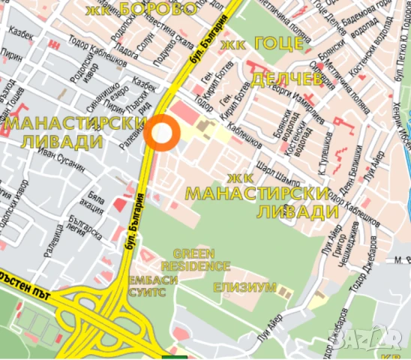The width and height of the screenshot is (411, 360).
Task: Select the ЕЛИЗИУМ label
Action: [244, 287]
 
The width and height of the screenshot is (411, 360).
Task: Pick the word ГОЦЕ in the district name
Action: [279, 45]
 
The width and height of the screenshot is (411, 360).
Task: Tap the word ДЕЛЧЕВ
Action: [286, 79]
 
